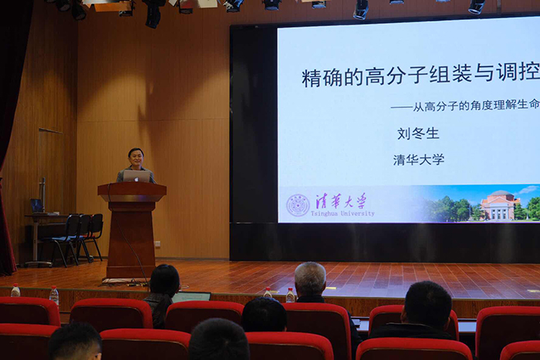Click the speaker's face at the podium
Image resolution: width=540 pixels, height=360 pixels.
pos(136,159)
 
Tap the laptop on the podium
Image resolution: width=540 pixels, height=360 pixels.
pos(137,177)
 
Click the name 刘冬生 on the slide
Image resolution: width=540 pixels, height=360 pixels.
pos(418,133)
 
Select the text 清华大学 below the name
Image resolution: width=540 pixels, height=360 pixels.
pos(419,160)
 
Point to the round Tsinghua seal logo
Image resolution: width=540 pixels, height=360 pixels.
pos(298,205)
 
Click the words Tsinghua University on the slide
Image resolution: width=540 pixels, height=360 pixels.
pos(343,214)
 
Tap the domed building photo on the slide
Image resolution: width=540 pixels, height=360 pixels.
pos(500,205)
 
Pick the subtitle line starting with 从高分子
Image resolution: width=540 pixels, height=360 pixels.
pos(465,106)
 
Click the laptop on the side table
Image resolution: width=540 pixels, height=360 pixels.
pos(37,206)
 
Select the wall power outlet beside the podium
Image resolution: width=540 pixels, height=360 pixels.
pos(157,244)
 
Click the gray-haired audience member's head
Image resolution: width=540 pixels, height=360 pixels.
pos(310,278)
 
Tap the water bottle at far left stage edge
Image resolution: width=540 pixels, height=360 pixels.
pos(15,290)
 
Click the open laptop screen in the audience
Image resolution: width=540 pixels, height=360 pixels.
pos(191,297)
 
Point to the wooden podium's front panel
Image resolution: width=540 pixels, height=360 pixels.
pos(131,237)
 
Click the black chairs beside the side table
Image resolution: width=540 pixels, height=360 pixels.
pos(76,237)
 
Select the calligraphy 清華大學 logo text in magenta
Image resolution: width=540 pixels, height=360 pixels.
pos(341,200)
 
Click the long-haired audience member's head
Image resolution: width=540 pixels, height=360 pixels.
pos(164,281)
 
